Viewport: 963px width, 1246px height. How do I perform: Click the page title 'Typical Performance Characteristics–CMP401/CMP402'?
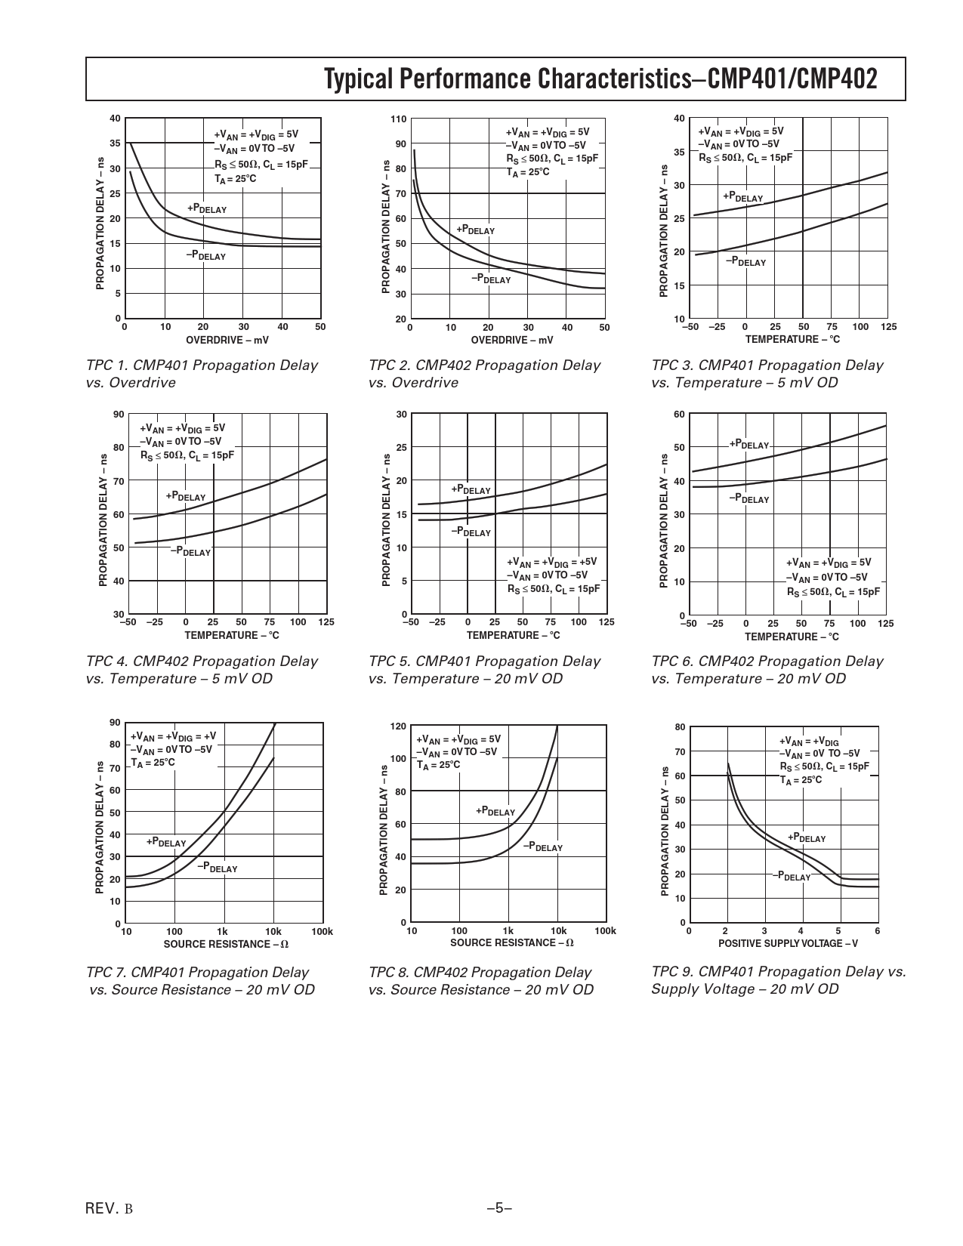point(600,79)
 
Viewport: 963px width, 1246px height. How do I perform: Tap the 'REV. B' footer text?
point(110,1209)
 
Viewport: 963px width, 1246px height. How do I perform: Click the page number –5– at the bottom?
point(499,1209)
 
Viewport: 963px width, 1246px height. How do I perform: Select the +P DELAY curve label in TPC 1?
point(207,209)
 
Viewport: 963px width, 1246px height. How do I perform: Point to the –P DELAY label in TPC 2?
point(491,279)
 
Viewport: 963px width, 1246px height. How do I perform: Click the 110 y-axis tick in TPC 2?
point(399,119)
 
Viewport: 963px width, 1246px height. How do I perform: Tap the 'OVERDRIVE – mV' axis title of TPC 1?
point(227,341)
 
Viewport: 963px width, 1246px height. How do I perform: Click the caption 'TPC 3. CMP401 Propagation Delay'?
point(767,365)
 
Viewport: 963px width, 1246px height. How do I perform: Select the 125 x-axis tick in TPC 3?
point(888,327)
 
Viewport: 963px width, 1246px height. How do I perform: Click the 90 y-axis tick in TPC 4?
point(118,415)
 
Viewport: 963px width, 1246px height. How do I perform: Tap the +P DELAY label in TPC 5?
point(471,489)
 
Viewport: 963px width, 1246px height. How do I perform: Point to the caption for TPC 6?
point(767,670)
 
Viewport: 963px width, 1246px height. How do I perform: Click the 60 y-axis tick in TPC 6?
point(679,415)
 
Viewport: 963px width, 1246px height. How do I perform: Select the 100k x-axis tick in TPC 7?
point(322,932)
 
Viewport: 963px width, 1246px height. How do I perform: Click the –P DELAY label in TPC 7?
point(218,868)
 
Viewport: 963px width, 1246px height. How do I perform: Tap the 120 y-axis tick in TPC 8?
point(397,726)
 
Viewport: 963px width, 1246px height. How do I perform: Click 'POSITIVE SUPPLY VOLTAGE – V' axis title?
point(788,943)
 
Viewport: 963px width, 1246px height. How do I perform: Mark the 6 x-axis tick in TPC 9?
point(877,931)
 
